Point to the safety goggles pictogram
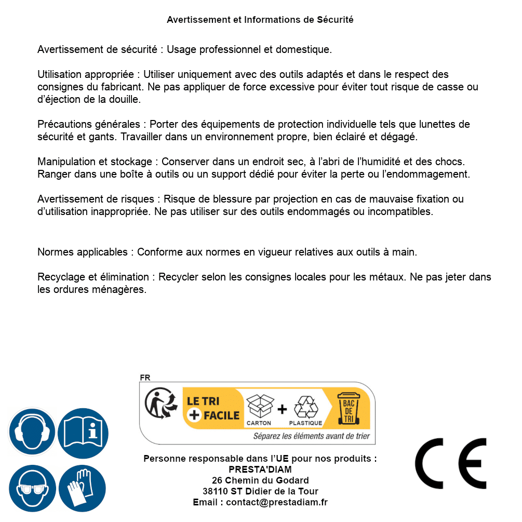tap(32, 488)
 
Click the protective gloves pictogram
tap(83, 488)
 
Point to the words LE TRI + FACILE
tap(213, 408)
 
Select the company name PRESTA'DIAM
tap(260, 470)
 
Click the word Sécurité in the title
tap(335, 20)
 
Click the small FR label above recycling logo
tap(145, 378)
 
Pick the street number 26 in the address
tap(218, 480)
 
